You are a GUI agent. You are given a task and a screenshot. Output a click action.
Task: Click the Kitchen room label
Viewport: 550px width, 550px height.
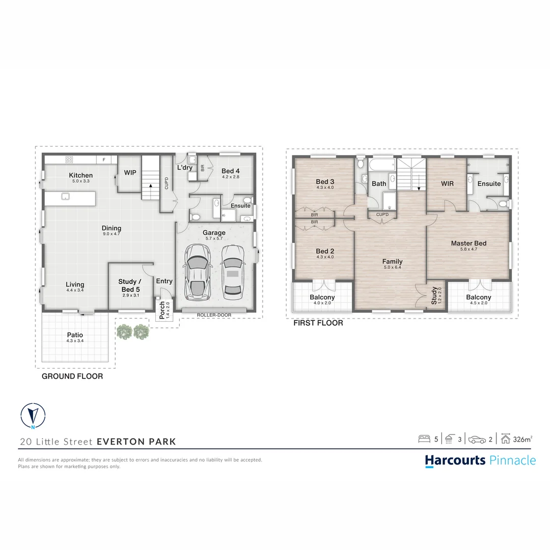(81, 175)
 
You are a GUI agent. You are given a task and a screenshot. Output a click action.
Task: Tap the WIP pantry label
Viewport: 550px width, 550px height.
(130, 173)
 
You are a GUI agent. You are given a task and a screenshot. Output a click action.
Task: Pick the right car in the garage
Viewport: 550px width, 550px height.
(232, 270)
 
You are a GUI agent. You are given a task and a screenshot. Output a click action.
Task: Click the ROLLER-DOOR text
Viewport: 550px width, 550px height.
(214, 315)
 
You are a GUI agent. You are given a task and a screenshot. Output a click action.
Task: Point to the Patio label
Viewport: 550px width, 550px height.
(75, 335)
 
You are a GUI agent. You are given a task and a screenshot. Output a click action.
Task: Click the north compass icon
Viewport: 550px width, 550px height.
(33, 417)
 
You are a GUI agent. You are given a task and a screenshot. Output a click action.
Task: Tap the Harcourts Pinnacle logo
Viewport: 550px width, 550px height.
(480, 460)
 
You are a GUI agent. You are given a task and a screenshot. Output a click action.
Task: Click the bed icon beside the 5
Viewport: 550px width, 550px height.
(424, 439)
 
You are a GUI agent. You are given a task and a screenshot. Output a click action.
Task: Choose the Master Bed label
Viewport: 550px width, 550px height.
(469, 243)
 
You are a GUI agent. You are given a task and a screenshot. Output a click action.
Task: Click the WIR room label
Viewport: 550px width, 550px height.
(447, 183)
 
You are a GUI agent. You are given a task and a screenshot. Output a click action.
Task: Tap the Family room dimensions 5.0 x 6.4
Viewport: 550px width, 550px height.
(392, 268)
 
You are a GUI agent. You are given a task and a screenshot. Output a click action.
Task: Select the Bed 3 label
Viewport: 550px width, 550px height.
(325, 182)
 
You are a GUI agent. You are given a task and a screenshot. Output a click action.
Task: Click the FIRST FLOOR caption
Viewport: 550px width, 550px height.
(318, 323)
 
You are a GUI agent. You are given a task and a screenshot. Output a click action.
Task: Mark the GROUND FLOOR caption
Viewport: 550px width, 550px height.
(72, 376)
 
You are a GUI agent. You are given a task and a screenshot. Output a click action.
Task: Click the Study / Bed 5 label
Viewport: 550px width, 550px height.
(127, 285)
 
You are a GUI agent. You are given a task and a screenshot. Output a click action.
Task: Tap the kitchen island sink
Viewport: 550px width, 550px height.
(65, 196)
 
